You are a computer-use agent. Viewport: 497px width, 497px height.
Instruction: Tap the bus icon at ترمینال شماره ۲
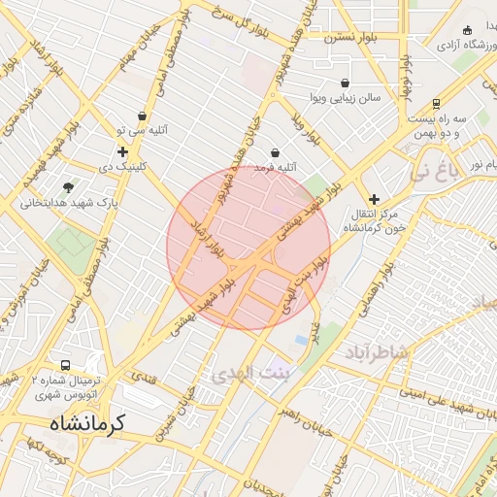65,366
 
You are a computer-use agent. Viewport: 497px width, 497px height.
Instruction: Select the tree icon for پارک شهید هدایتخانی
68,186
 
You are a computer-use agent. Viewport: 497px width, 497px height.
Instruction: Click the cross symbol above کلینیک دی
122,151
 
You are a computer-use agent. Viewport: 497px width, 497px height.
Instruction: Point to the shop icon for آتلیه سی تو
143,116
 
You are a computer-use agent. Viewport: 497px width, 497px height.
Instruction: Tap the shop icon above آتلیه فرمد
276,153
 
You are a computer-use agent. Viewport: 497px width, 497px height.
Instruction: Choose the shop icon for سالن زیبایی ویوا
347,83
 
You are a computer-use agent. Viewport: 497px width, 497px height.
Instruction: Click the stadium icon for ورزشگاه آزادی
468,30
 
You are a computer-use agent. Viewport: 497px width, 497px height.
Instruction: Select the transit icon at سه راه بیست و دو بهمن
437,103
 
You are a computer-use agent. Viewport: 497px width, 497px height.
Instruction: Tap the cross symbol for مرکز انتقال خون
374,198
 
